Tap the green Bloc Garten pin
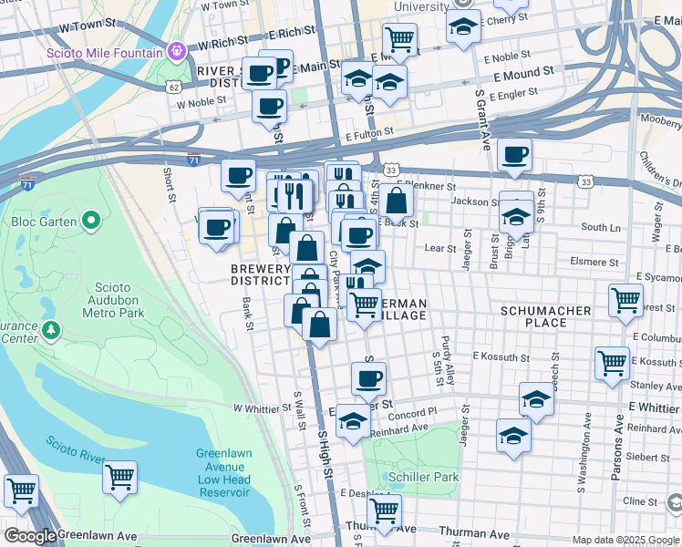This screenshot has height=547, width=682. (x=90, y=221)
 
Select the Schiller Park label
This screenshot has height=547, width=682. (x=422, y=477)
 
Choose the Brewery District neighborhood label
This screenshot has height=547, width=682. (x=261, y=274)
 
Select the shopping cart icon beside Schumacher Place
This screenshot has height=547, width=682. (x=625, y=299)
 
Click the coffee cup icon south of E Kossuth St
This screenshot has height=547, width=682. (x=368, y=377)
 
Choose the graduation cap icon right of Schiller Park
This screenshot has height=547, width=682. (x=514, y=434)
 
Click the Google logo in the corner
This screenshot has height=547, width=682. (x=29, y=536)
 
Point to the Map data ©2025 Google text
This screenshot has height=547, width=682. (x=625, y=540)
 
